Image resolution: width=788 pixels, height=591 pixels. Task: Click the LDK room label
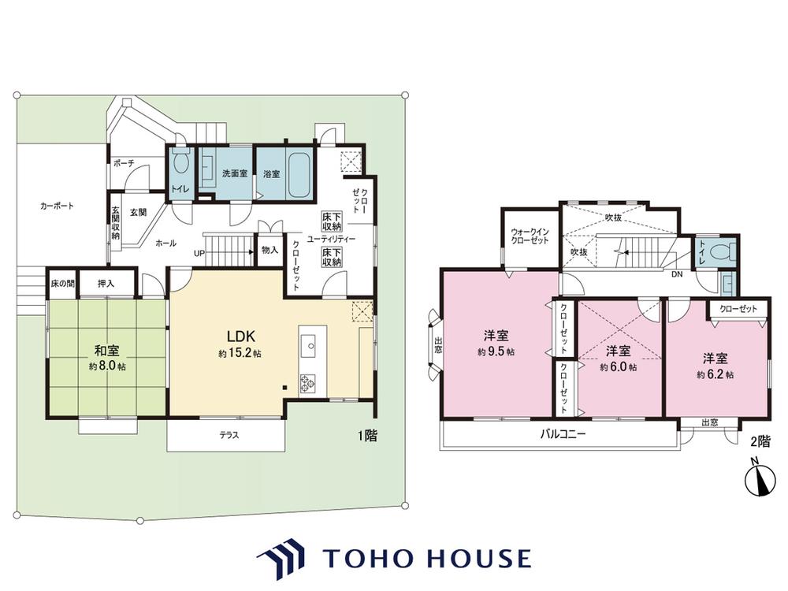click(x=242, y=336)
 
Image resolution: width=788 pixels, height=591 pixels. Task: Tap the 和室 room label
click(x=106, y=351)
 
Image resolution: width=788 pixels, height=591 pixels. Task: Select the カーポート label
click(x=57, y=206)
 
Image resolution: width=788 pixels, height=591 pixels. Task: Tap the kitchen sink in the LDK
click(x=310, y=346)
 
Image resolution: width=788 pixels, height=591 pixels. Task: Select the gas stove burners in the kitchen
click(x=307, y=383)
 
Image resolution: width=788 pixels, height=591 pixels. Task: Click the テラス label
click(x=229, y=435)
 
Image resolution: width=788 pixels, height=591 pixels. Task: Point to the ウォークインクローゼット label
click(x=530, y=236)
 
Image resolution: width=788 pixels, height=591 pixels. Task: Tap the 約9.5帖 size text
click(x=496, y=351)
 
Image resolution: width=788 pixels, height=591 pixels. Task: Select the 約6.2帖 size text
click(x=716, y=375)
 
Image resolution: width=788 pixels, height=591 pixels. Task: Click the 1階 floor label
click(x=367, y=435)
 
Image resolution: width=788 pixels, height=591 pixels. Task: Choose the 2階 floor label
click(x=760, y=442)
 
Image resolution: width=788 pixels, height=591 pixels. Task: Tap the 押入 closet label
click(x=106, y=284)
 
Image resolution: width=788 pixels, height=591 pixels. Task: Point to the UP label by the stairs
click(x=199, y=253)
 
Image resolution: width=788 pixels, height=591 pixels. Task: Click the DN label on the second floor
click(x=677, y=274)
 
